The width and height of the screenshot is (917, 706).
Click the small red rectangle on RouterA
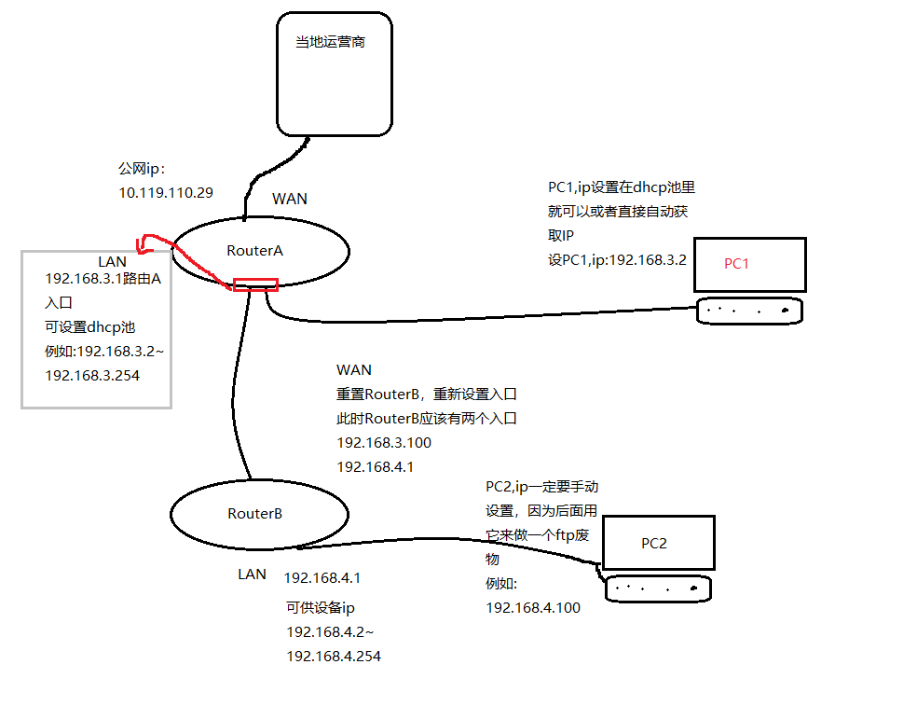255,284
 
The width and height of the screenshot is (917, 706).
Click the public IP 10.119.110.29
166,193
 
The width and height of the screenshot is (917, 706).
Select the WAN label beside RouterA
289,199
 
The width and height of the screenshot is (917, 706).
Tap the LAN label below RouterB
252,574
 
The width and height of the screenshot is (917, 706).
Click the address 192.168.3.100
383,443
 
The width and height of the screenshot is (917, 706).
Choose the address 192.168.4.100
533,608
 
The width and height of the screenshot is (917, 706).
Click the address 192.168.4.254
334,657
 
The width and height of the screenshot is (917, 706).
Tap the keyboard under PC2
657,588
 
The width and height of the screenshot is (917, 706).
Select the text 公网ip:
141,170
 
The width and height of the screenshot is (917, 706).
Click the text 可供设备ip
321,608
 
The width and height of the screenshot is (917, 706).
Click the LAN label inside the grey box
112,261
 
